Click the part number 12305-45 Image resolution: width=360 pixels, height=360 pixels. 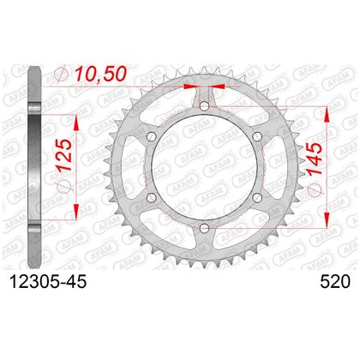point(48,282)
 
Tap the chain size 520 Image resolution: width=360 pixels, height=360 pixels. point(335,282)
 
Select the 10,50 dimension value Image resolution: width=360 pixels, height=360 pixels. point(100,74)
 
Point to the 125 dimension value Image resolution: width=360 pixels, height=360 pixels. point(63,155)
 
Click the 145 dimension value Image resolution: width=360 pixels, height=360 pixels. point(315,159)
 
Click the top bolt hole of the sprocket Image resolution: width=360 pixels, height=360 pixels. point(204,106)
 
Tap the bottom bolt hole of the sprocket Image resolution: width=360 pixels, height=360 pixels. point(204,228)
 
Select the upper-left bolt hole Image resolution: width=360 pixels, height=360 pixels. point(151,136)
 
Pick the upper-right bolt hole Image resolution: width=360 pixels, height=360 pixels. point(257,136)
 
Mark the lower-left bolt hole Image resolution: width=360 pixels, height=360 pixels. point(151,197)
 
